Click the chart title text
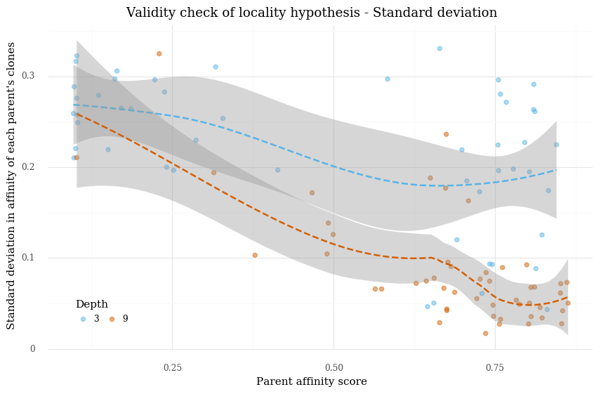click(x=311, y=13)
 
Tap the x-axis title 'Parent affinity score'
click(x=311, y=381)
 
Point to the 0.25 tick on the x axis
click(x=172, y=367)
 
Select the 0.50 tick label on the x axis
click(x=334, y=367)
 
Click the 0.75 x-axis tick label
click(x=495, y=367)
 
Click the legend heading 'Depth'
click(x=91, y=304)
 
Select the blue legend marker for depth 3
click(x=83, y=319)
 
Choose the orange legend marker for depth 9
click(x=112, y=319)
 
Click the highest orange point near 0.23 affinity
click(x=159, y=53)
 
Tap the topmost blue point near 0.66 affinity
click(x=440, y=48)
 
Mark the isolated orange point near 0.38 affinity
click(x=255, y=255)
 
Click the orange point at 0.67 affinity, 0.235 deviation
click(x=446, y=134)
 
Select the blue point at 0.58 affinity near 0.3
click(x=388, y=79)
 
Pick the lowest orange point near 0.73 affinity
click(x=485, y=334)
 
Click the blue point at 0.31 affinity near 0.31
click(x=216, y=67)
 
